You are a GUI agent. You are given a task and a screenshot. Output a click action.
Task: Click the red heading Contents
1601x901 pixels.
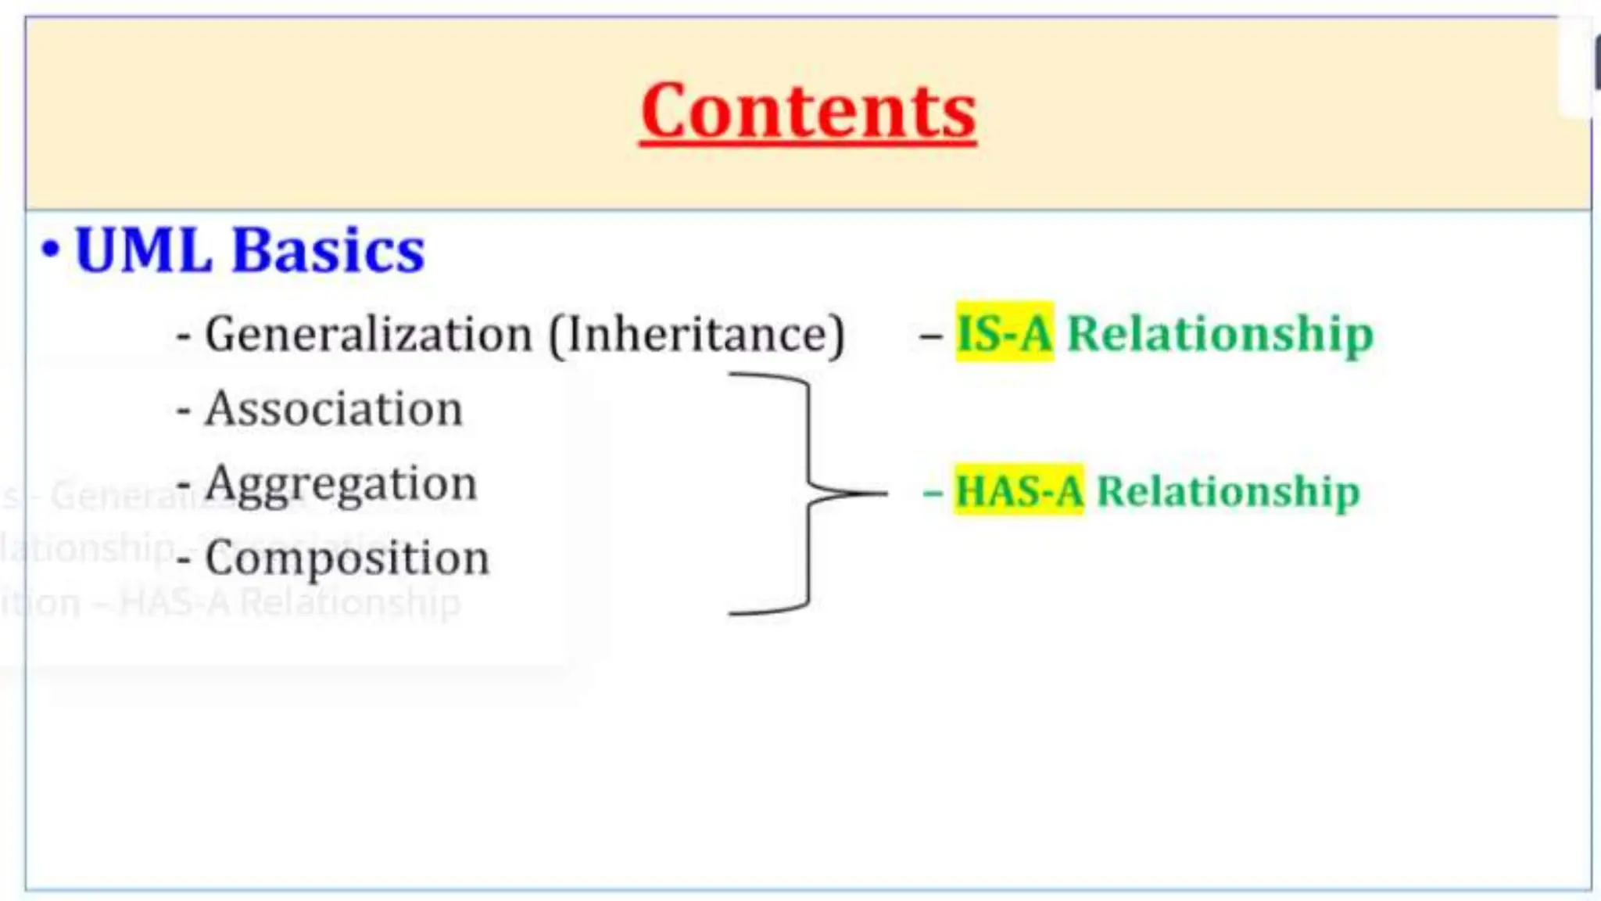click(808, 112)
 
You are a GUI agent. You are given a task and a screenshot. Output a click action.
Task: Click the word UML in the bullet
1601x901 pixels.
click(143, 251)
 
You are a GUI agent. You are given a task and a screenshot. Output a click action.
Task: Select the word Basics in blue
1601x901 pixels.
click(328, 251)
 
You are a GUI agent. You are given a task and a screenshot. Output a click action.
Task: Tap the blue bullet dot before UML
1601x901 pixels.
click(50, 250)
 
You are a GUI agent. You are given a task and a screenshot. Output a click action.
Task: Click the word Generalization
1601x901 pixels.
click(368, 335)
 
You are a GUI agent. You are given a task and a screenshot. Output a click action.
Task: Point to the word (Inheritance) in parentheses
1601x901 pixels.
click(697, 335)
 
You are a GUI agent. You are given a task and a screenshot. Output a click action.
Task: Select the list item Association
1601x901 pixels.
click(334, 409)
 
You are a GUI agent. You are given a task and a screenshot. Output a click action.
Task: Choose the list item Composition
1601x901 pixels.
click(347, 558)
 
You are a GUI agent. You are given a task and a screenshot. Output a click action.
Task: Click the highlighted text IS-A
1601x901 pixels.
click(1005, 333)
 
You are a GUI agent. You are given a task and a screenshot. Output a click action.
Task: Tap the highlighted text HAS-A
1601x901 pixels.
click(1019, 491)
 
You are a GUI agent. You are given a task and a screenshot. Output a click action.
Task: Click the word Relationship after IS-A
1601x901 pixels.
click(1220, 335)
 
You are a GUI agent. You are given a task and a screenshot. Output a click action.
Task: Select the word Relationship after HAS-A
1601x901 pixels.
click(1228, 492)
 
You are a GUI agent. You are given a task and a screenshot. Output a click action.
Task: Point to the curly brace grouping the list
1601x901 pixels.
click(808, 494)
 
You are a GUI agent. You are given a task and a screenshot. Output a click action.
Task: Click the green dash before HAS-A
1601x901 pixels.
click(932, 494)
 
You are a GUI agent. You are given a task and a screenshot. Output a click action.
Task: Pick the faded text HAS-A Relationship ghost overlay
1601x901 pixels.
click(289, 603)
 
